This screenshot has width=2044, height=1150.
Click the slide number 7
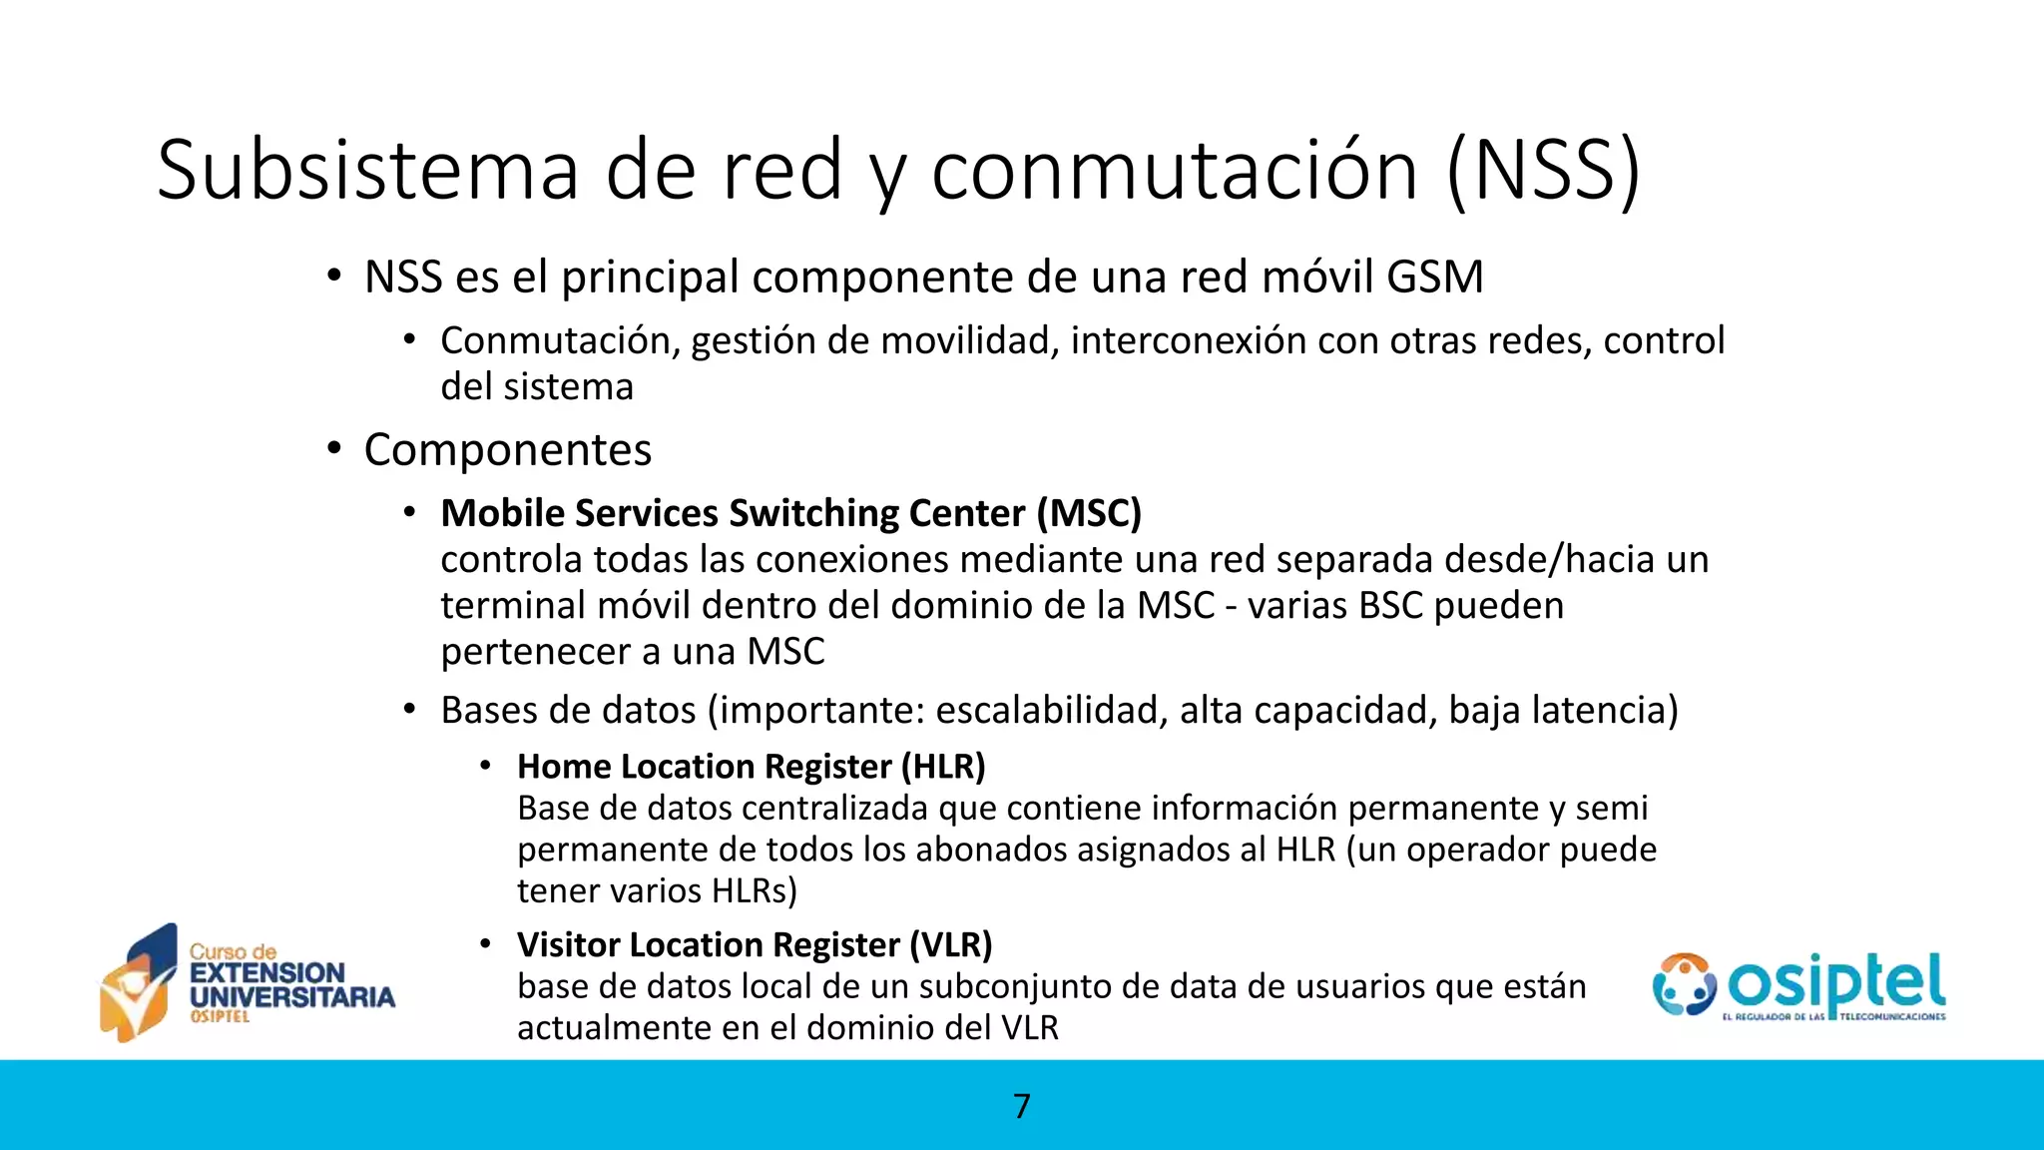coord(1021,1106)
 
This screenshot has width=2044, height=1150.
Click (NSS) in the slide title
coord(1543,170)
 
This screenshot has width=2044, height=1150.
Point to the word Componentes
coord(507,449)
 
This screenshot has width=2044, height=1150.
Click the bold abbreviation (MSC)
coord(1088,513)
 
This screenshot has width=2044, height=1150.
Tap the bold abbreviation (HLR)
coord(942,767)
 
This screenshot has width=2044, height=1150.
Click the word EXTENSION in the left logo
coord(267,973)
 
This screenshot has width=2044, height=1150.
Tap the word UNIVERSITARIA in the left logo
coord(292,997)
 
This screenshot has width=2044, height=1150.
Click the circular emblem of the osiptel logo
coord(1684,984)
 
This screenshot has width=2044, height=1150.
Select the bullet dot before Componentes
coord(334,448)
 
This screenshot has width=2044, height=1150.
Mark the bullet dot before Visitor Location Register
coord(485,943)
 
